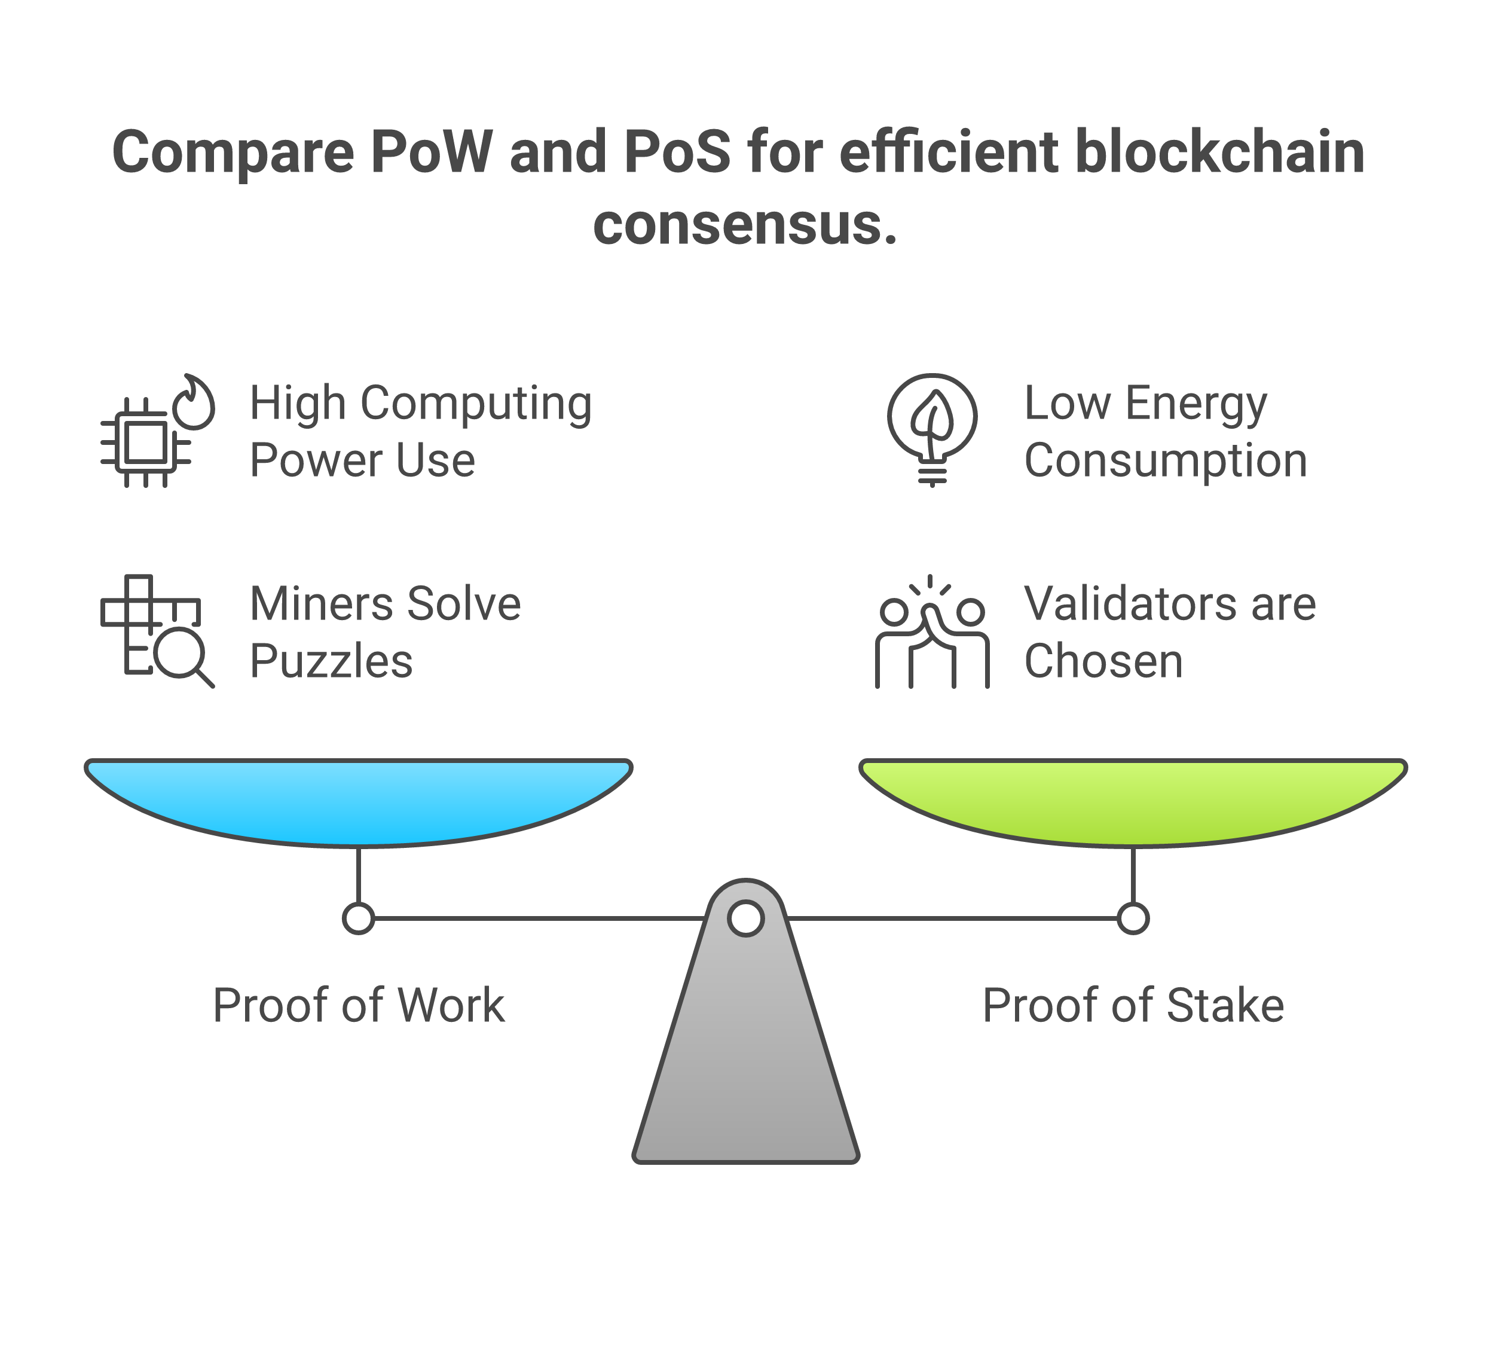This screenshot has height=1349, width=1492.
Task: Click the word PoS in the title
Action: [677, 152]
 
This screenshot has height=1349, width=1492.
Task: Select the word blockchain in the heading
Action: [1219, 152]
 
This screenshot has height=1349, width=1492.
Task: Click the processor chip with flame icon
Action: [157, 431]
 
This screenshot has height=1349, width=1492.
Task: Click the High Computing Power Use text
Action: [420, 431]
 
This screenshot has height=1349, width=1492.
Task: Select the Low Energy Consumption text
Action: [1165, 431]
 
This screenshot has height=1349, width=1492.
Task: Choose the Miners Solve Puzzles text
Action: [385, 631]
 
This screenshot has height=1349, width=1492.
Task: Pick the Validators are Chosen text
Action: [1169, 631]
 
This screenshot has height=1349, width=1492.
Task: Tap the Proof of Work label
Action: [358, 1005]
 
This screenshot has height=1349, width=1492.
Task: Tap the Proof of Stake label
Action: [1132, 1005]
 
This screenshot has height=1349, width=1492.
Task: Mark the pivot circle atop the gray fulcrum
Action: [745, 918]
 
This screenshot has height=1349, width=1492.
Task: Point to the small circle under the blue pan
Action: [358, 918]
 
